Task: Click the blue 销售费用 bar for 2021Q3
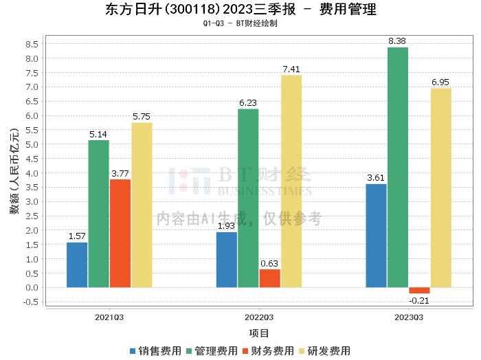pos(77,265)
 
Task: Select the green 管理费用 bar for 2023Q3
pos(398,167)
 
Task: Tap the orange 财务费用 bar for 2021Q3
pos(120,233)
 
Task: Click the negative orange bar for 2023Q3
pos(419,290)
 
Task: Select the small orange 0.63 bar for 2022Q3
pos(269,278)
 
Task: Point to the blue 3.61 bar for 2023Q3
pos(376,235)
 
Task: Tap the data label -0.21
pos(419,300)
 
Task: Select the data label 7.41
pos(291,69)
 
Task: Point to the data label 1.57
pos(77,236)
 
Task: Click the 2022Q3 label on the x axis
pos(259,317)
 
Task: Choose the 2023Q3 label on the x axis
pos(408,317)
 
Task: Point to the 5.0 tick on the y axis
pos(32,144)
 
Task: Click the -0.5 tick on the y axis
pos(30,302)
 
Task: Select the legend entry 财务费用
pos(269,351)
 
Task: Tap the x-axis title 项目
pos(259,333)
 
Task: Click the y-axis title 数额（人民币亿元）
pos(14,172)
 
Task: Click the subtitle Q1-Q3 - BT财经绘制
pos(240,23)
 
